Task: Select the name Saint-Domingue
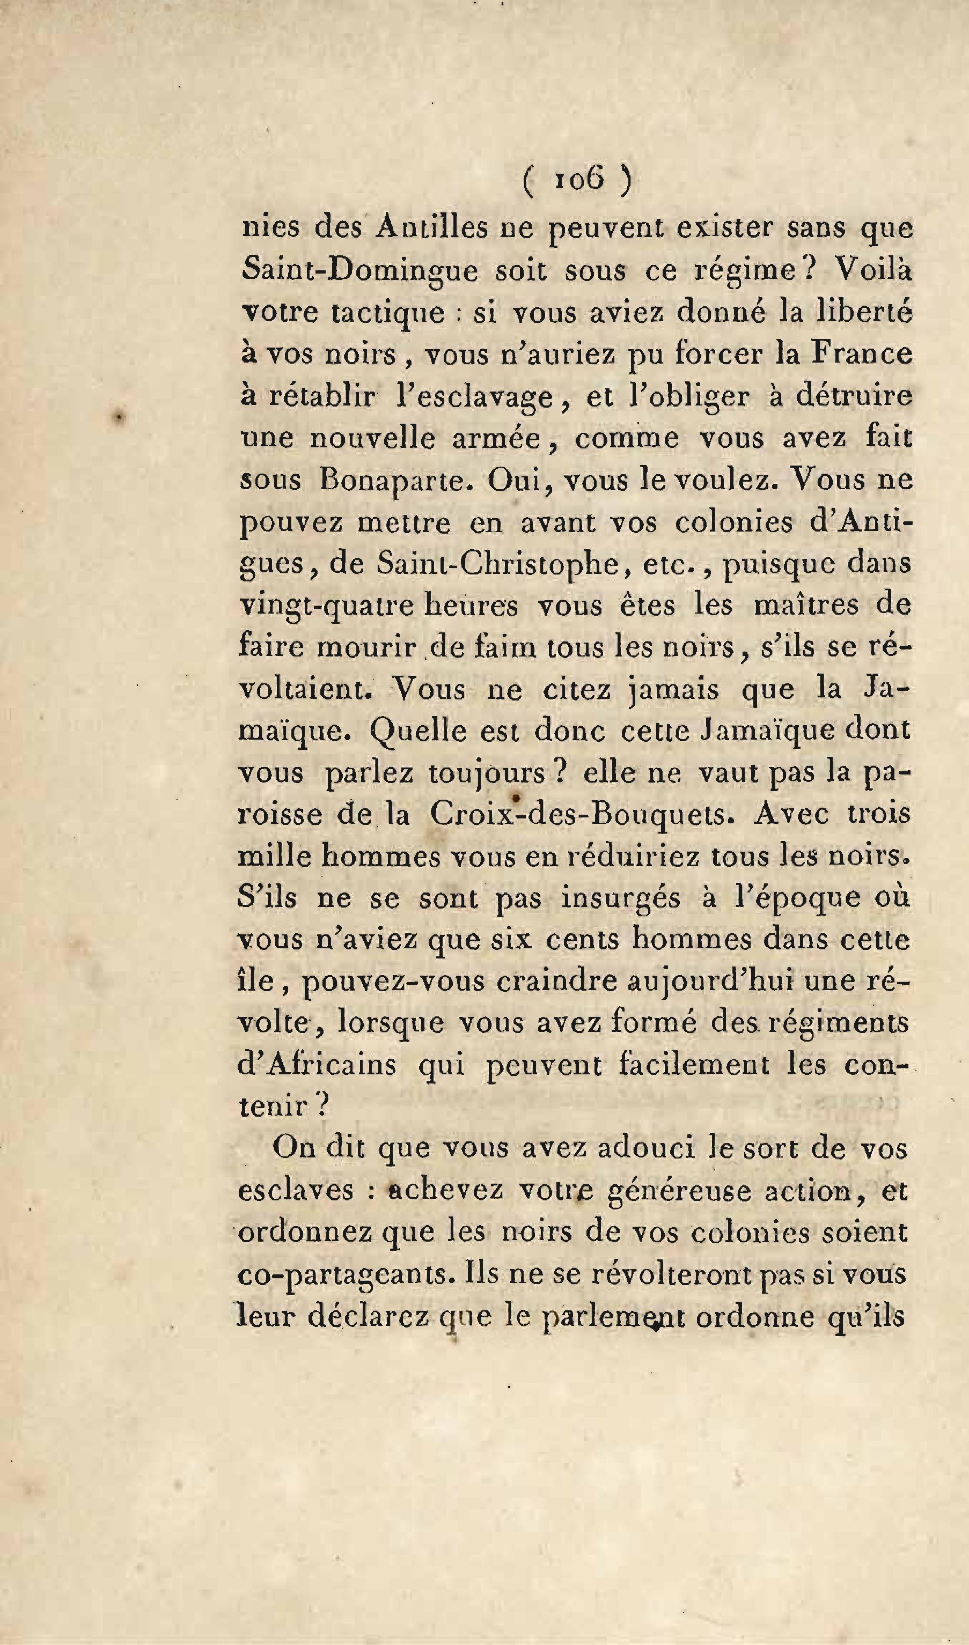tap(359, 271)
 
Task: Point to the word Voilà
tap(872, 270)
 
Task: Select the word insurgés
tap(620, 898)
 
